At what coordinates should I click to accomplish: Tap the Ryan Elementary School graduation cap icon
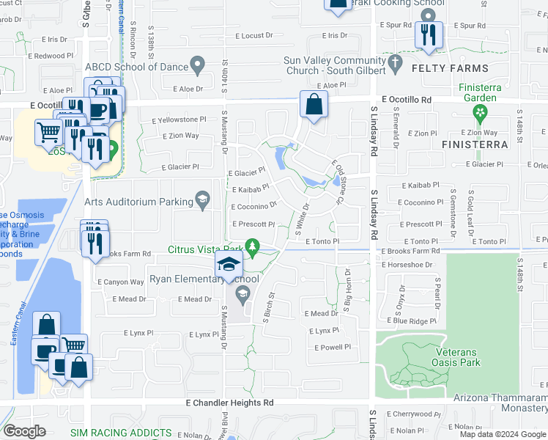point(229,265)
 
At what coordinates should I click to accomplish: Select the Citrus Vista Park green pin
point(253,246)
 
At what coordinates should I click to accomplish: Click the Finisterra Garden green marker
point(480,113)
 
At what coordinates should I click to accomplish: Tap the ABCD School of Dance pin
point(197,66)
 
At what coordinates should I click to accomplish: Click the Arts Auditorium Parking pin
point(202,198)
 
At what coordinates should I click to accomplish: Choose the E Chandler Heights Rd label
point(229,403)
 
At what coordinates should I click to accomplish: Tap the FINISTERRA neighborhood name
point(475,144)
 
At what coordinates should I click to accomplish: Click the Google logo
point(24,431)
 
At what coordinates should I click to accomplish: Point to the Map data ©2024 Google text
point(503,434)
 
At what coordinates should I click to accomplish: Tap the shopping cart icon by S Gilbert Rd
point(49,133)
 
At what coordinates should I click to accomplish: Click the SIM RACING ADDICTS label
point(121,433)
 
